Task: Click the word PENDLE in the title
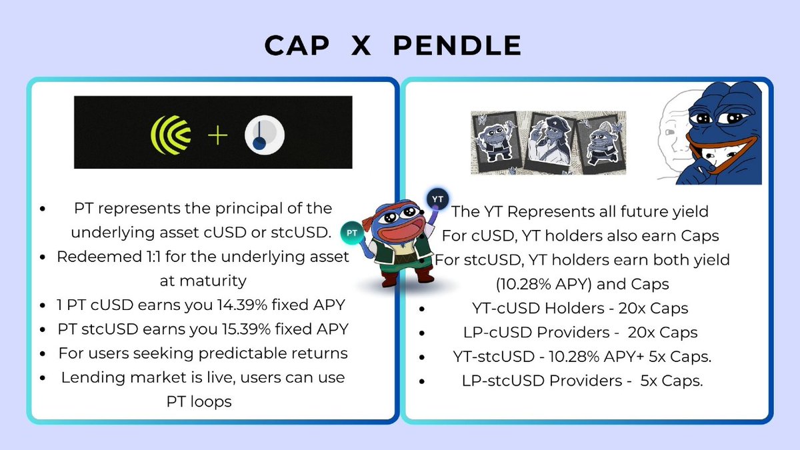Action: (457, 46)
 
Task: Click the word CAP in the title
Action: (296, 46)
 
